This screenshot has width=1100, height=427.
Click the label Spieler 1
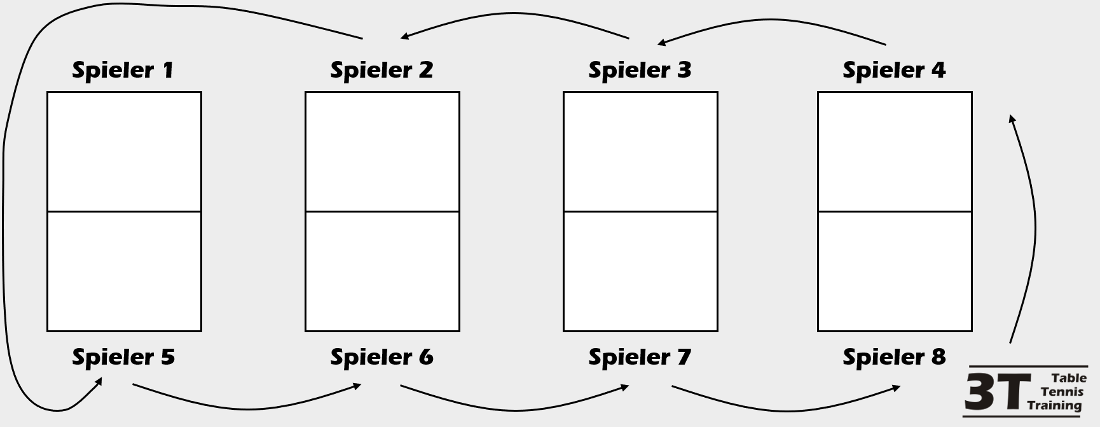click(123, 70)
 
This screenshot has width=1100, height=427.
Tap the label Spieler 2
click(382, 70)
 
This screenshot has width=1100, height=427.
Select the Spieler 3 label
click(640, 70)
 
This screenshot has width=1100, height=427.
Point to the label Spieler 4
click(894, 70)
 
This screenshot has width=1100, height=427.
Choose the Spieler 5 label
click(123, 357)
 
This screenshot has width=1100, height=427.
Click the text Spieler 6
click(382, 357)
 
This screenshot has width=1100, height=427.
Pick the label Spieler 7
click(640, 357)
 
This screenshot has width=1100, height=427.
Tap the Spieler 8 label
click(894, 357)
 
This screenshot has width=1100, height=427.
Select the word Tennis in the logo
click(1062, 391)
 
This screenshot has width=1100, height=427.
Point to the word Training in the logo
click(1054, 405)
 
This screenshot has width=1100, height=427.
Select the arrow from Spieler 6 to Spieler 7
click(515, 410)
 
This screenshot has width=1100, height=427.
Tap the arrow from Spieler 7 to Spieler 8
click(786, 410)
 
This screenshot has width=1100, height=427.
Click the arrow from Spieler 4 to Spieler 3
click(771, 20)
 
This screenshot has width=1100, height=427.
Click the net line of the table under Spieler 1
click(124, 211)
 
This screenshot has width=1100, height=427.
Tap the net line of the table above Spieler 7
click(640, 211)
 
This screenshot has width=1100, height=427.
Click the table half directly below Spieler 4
click(895, 151)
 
